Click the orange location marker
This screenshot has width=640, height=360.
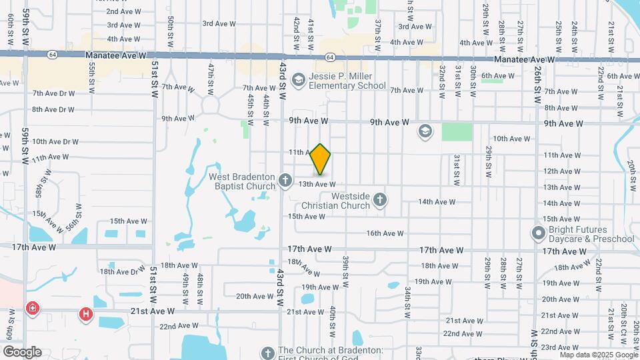click(x=321, y=159)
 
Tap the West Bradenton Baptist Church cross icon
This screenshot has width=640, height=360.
click(x=285, y=180)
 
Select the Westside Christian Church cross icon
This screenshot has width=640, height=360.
click(x=380, y=199)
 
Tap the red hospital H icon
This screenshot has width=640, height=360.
click(x=85, y=313)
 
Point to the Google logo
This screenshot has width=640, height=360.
click(x=22, y=352)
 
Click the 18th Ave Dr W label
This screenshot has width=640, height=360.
click(x=122, y=271)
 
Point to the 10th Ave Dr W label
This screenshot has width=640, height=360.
click(x=55, y=141)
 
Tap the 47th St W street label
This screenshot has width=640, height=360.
click(x=210, y=77)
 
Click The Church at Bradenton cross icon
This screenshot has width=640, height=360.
click(x=267, y=353)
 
